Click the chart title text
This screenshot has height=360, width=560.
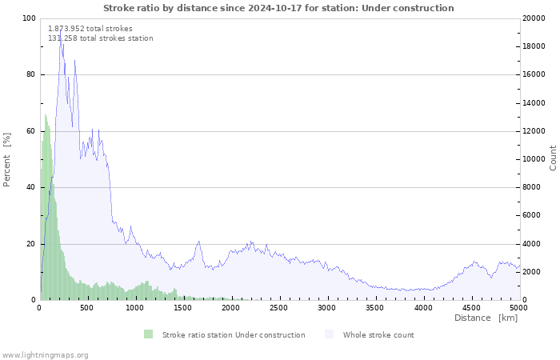pos(278,8)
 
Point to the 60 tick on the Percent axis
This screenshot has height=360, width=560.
pos(30,131)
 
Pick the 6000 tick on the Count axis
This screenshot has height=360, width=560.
pos(534,216)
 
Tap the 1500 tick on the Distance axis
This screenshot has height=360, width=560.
pos(184,307)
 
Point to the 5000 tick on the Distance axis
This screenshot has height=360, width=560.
pos(518,307)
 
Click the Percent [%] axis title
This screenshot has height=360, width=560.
pos(7,159)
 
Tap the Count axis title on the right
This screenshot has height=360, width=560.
pos(553,158)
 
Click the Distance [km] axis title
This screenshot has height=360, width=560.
pos(486,318)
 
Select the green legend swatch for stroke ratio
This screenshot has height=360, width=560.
pos(148,334)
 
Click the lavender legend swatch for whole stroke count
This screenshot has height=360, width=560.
pos(330,334)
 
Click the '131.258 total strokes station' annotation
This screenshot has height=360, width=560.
pos(101,38)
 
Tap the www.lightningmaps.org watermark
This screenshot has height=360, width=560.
pos(45,355)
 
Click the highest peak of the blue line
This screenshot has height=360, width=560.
pos(60,39)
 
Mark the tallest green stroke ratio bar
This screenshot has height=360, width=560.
pos(46,116)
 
